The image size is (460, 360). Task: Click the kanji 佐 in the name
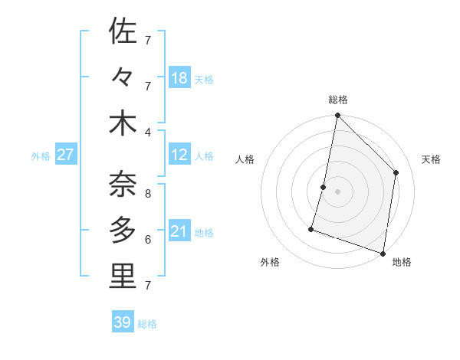123,32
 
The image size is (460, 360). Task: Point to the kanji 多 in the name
123,230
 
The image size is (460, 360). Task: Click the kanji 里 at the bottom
123,277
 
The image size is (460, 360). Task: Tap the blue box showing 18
179,78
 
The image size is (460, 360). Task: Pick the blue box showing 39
123,322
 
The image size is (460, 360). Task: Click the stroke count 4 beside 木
148,132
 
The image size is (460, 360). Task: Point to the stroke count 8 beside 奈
148,194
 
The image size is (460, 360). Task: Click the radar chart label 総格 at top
337,100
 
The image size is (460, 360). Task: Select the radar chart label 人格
245,159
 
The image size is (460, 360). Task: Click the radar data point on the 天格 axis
396,172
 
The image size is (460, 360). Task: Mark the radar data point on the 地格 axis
383,253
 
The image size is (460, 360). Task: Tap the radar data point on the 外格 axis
311,228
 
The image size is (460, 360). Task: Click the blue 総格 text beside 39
148,324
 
